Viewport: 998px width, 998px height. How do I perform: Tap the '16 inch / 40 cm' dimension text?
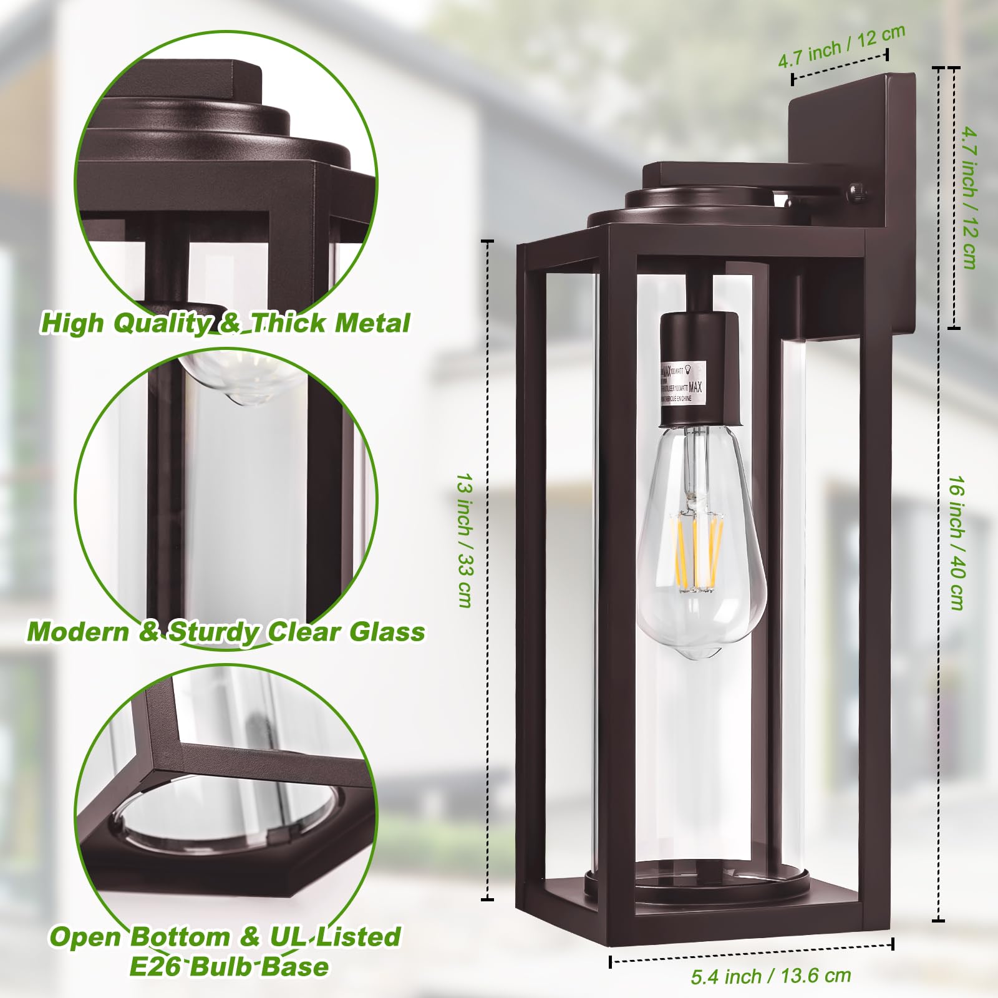(957, 542)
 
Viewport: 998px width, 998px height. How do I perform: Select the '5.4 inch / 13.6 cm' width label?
(770, 976)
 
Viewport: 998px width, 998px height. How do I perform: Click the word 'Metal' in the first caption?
(372, 323)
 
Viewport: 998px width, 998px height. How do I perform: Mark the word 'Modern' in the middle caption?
(77, 632)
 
